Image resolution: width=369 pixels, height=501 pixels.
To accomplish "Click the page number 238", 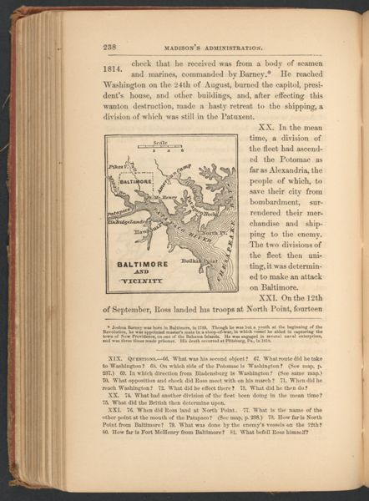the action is tap(110, 47).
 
